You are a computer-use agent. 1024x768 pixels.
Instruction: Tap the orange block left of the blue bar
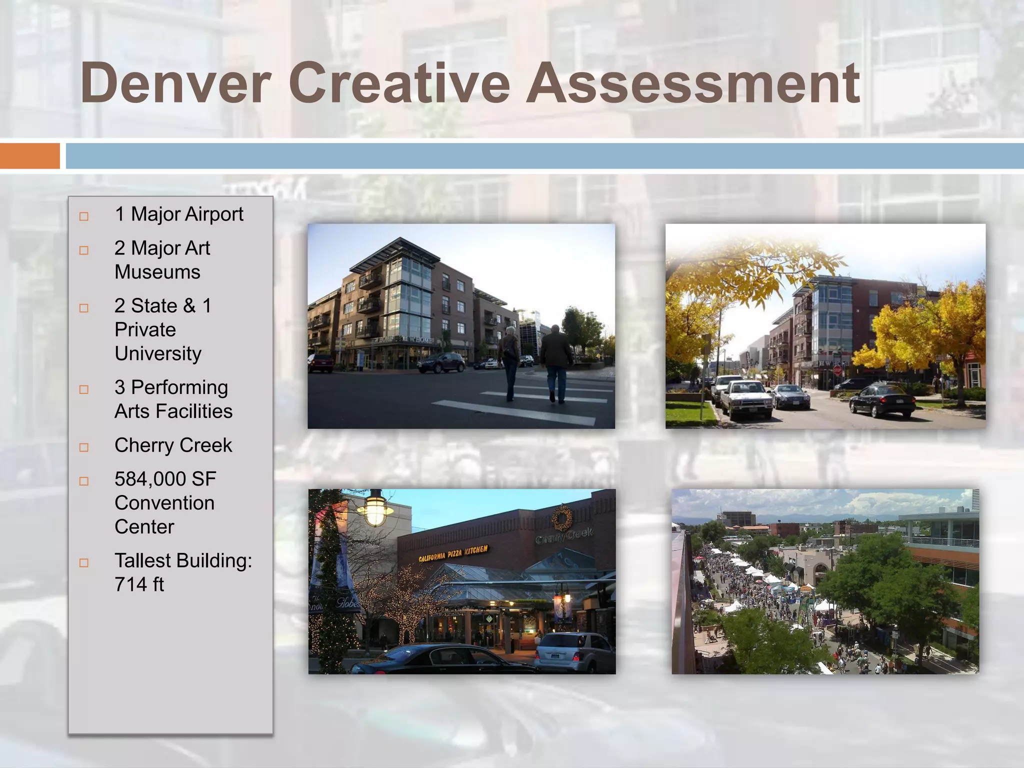(29, 156)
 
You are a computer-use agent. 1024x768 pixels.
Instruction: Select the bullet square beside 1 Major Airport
(84, 216)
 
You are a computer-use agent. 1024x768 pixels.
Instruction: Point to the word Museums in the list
(157, 272)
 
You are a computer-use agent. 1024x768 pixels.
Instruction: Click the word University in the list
(158, 354)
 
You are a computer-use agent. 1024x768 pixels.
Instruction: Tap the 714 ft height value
(139, 584)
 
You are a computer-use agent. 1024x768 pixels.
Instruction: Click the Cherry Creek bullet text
(173, 445)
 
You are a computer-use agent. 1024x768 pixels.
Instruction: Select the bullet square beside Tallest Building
(84, 563)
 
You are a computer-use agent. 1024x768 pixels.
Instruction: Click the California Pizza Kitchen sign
(453, 553)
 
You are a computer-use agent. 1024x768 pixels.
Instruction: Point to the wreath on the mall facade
(562, 518)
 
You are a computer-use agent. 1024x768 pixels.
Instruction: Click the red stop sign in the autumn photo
(837, 370)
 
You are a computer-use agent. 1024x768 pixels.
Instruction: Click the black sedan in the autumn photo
(882, 399)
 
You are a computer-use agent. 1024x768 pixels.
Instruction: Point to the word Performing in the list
(179, 387)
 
